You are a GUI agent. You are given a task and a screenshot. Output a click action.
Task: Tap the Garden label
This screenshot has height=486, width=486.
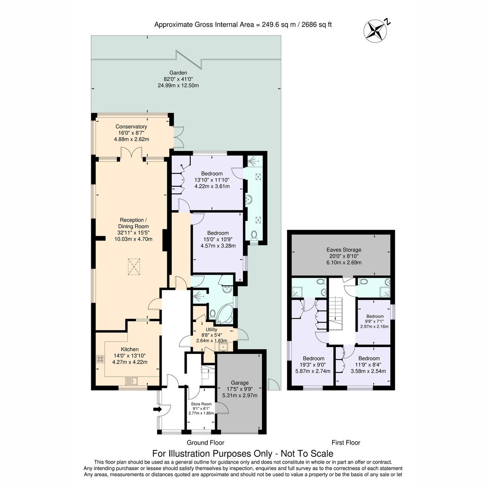pyautogui.click(x=178, y=73)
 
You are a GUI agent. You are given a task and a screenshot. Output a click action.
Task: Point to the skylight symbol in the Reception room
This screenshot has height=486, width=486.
pyautogui.click(x=134, y=267)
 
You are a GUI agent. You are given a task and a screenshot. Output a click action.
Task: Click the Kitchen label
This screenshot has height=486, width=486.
pyautogui.click(x=130, y=349)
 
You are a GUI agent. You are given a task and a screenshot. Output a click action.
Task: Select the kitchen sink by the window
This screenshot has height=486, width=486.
pyautogui.click(x=132, y=381)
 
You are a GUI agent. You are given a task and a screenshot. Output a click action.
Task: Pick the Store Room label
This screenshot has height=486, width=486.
pyautogui.click(x=201, y=404)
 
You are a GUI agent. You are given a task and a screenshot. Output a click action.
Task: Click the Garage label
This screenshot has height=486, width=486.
pyautogui.click(x=240, y=383)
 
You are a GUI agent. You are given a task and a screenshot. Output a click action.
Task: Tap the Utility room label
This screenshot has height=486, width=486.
pyautogui.click(x=211, y=330)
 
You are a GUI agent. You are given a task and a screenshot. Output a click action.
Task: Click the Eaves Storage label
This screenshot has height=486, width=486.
pyautogui.click(x=344, y=250)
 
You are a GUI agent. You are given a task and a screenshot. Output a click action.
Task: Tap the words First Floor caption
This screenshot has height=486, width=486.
pyautogui.click(x=346, y=443)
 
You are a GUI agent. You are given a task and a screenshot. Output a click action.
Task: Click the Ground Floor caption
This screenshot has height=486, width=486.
pyautogui.click(x=205, y=443)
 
